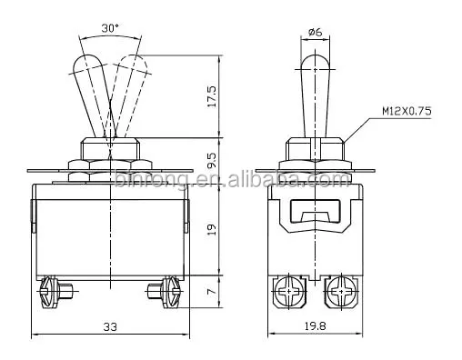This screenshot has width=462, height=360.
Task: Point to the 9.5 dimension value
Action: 211,161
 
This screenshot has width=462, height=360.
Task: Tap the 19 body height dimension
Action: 211,229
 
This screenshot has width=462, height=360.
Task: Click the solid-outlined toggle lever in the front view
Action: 92,91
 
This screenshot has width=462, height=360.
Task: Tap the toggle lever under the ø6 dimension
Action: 316,91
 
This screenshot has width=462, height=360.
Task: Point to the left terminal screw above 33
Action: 49,290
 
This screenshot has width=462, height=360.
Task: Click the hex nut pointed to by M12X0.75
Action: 316,148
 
